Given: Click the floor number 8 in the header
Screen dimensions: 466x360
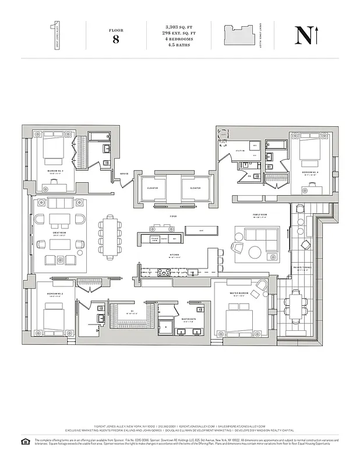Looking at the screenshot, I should tap(115, 40).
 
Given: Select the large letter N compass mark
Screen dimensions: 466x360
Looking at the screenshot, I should tap(303, 36).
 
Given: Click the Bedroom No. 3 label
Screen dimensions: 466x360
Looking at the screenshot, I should tap(57, 171).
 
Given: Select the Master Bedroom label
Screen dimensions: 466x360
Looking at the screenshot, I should tap(241, 293).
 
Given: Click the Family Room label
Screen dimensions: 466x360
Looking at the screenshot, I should tap(260, 215).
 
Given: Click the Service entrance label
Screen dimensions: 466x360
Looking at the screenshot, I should tap(124, 174).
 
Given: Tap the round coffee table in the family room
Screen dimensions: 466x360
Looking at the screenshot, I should tap(256, 252).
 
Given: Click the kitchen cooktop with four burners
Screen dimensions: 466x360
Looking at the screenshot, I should tap(163, 271).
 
